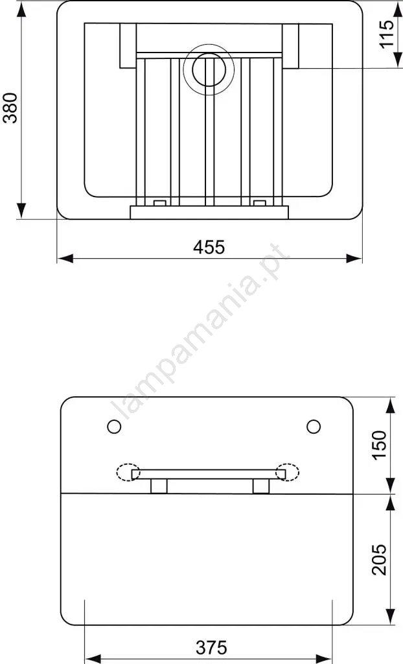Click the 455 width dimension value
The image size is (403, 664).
click(x=209, y=247)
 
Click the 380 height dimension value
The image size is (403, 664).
click(x=10, y=108)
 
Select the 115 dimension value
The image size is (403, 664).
click(x=387, y=34)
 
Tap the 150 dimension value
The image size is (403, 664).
click(x=379, y=445)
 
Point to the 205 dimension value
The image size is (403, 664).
click(x=379, y=560)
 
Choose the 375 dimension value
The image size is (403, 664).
click(x=211, y=648)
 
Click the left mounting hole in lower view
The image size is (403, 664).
click(x=114, y=427)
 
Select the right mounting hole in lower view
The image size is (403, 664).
click(x=314, y=427)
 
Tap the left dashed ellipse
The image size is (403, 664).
click(x=128, y=472)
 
